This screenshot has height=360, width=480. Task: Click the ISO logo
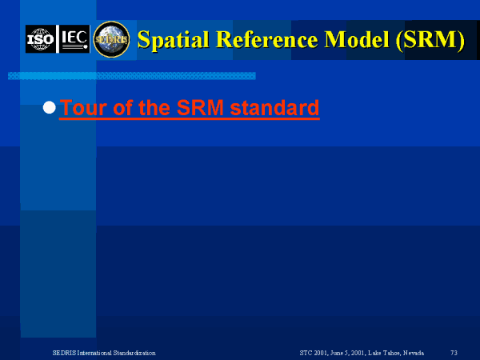click(x=41, y=39)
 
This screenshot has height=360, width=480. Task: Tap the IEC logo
click(x=74, y=39)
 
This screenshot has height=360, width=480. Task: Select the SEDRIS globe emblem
click(x=111, y=39)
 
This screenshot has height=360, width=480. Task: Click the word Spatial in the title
click(x=174, y=40)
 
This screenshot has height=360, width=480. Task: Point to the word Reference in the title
click(x=267, y=39)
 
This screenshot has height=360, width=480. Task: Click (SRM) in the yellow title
click(x=430, y=40)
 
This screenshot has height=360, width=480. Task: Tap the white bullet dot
click(x=50, y=108)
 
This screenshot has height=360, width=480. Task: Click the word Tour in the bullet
click(x=84, y=108)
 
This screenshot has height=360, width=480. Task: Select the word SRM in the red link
click(x=200, y=108)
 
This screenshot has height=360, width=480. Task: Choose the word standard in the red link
click(x=274, y=108)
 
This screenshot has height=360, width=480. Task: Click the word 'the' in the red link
click(x=154, y=108)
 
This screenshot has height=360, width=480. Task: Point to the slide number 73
click(x=454, y=353)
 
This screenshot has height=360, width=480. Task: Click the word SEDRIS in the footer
click(x=64, y=353)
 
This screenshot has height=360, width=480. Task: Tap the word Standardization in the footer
click(x=134, y=353)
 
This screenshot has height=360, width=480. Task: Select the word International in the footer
click(x=94, y=353)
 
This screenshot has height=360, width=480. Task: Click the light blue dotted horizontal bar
click(x=132, y=76)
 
